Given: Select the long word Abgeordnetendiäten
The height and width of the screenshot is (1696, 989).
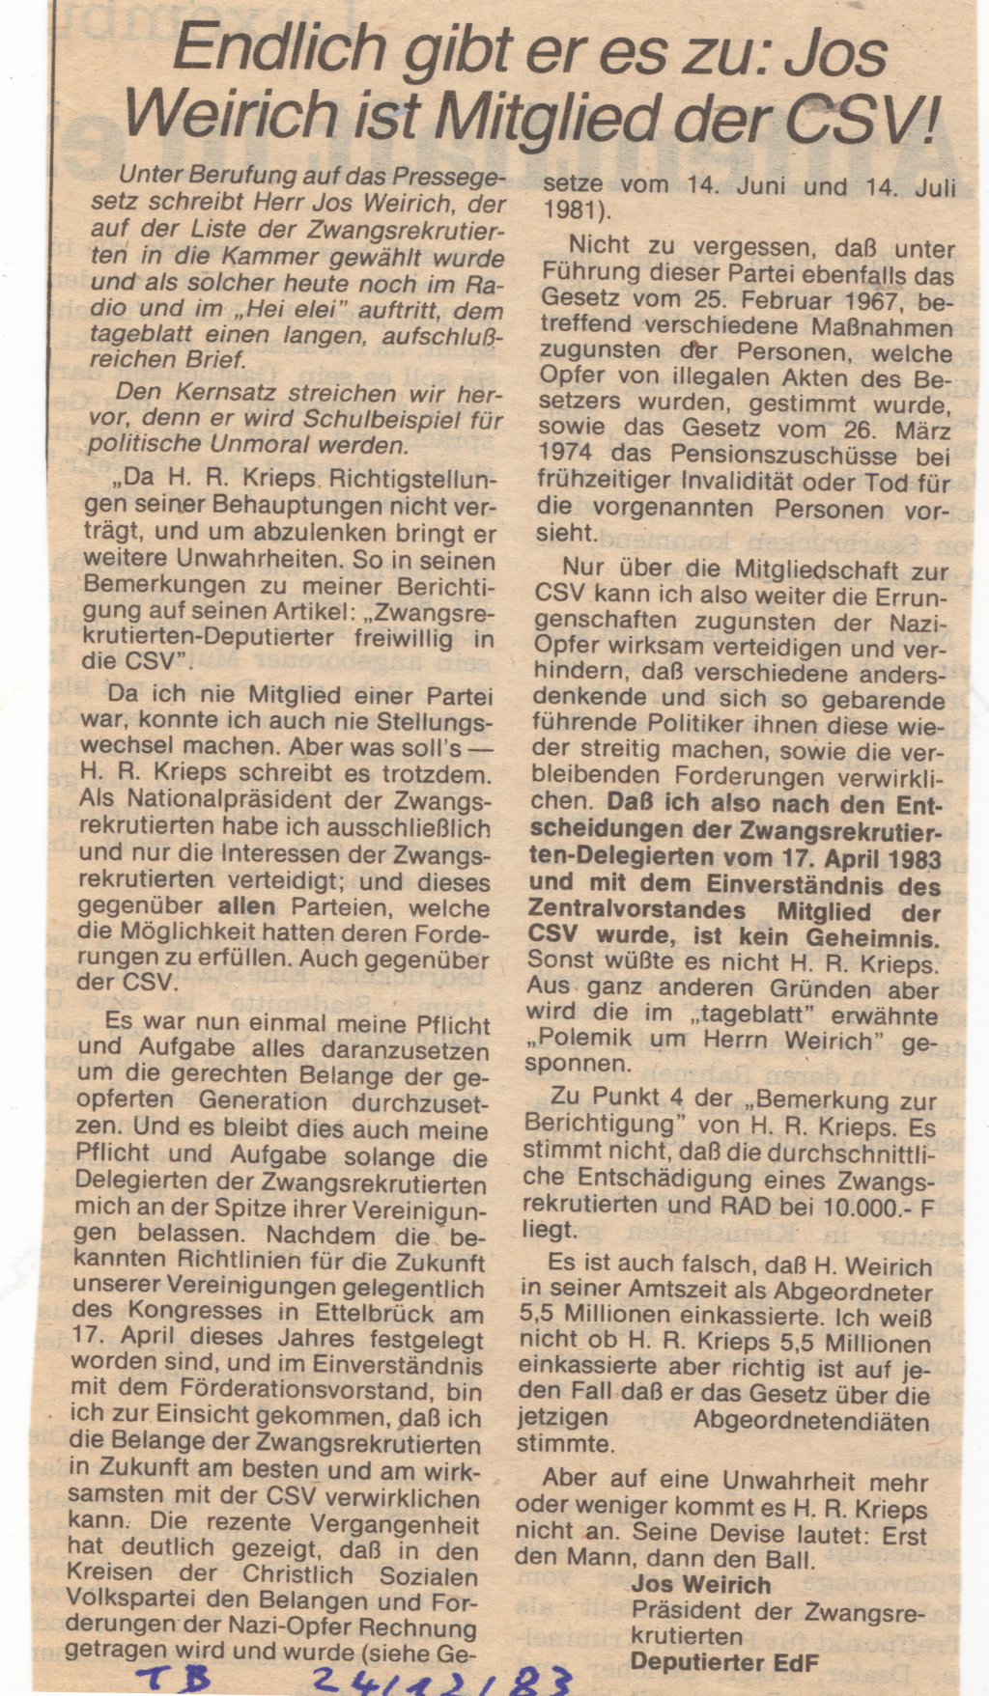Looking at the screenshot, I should coord(811,1420).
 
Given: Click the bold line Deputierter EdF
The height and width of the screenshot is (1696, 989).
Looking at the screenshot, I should coord(724,1661).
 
